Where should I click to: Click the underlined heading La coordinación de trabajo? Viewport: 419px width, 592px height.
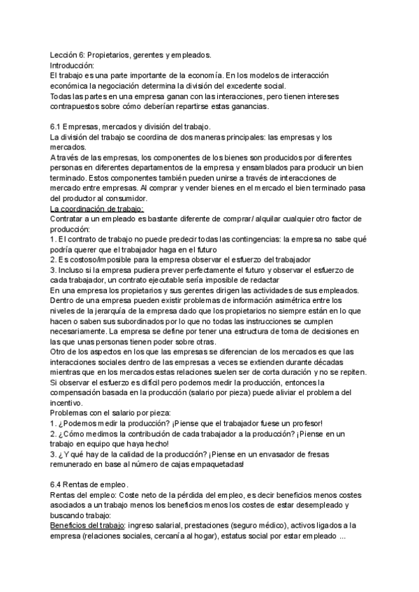pyautogui.click(x=97, y=209)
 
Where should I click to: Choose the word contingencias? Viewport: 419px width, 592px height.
pyautogui.click(x=251, y=239)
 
